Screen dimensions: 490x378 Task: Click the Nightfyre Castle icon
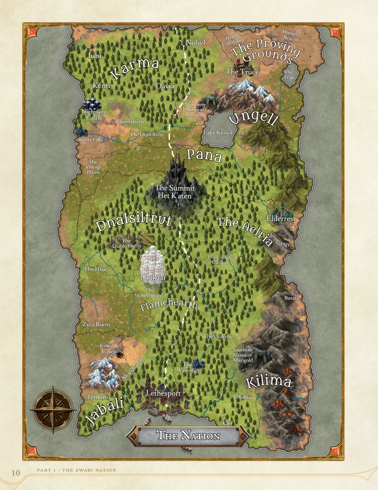(93, 104)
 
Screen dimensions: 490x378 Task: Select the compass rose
(53, 410)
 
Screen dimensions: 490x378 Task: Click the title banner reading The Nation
(188, 436)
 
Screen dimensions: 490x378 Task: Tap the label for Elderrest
(281, 219)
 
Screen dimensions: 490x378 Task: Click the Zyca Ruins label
(96, 325)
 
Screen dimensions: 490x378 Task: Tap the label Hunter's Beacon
(292, 36)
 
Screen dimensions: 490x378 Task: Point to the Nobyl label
(195, 43)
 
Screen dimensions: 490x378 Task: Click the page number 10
(15, 473)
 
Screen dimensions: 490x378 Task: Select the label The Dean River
(147, 134)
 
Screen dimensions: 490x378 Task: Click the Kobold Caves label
(108, 348)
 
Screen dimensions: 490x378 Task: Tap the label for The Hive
(95, 269)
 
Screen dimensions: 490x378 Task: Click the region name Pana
(204, 156)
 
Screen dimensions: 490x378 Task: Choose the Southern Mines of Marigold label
(243, 355)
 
